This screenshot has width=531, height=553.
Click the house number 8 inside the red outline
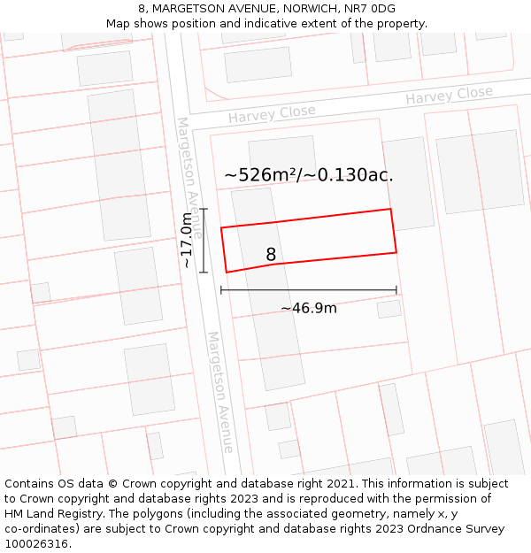271,255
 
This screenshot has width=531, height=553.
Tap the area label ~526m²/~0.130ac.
309,175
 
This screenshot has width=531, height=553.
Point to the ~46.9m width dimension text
309,308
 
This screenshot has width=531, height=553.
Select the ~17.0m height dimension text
186,241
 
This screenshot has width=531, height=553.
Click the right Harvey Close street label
449,96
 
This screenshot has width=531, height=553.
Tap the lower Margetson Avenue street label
220,391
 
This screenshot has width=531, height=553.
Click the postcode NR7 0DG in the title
372,9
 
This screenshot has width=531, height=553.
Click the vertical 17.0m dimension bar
204,241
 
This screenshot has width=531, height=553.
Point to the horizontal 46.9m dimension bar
309,289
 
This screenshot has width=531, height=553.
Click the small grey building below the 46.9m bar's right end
389,309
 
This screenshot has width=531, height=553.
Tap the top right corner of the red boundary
390,210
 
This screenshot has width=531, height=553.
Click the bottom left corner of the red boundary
227,272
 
